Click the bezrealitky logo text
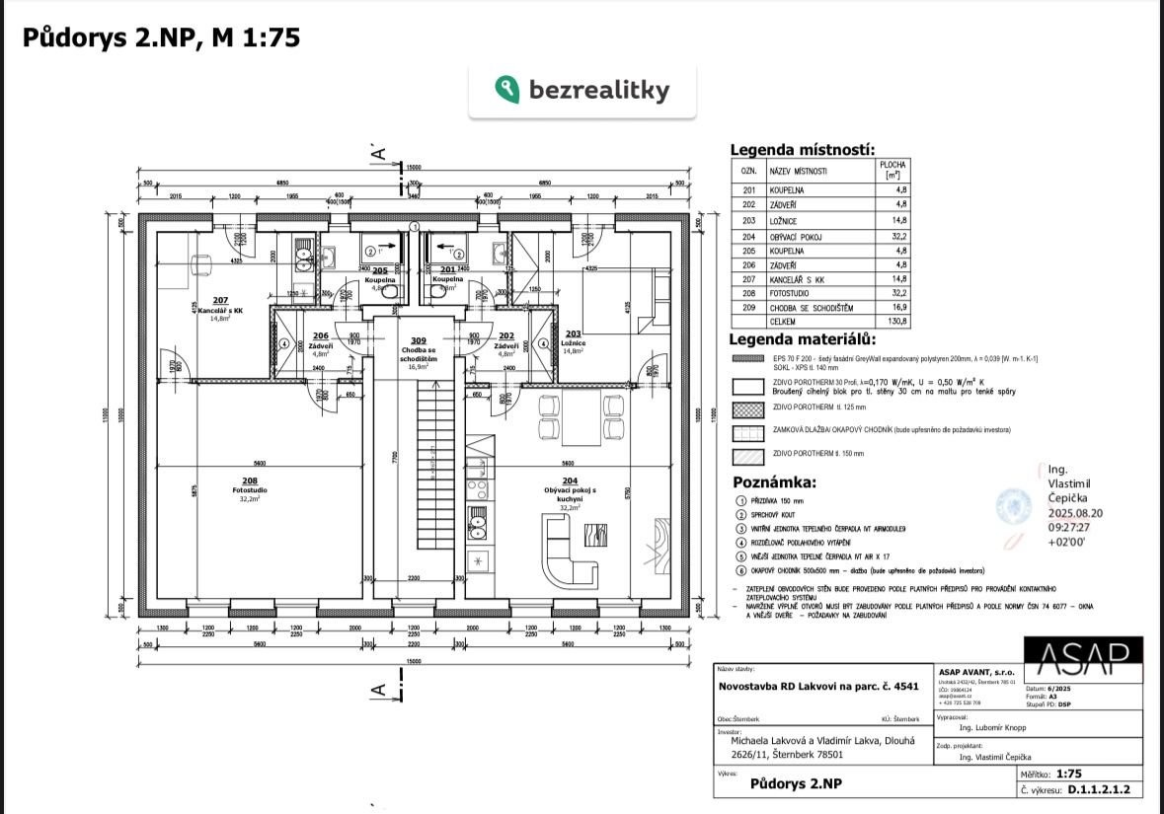[598, 91]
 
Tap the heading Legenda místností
[802, 150]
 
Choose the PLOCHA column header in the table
[894, 170]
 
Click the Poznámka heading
[774, 482]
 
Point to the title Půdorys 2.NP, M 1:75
[161, 37]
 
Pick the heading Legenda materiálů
[802, 340]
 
